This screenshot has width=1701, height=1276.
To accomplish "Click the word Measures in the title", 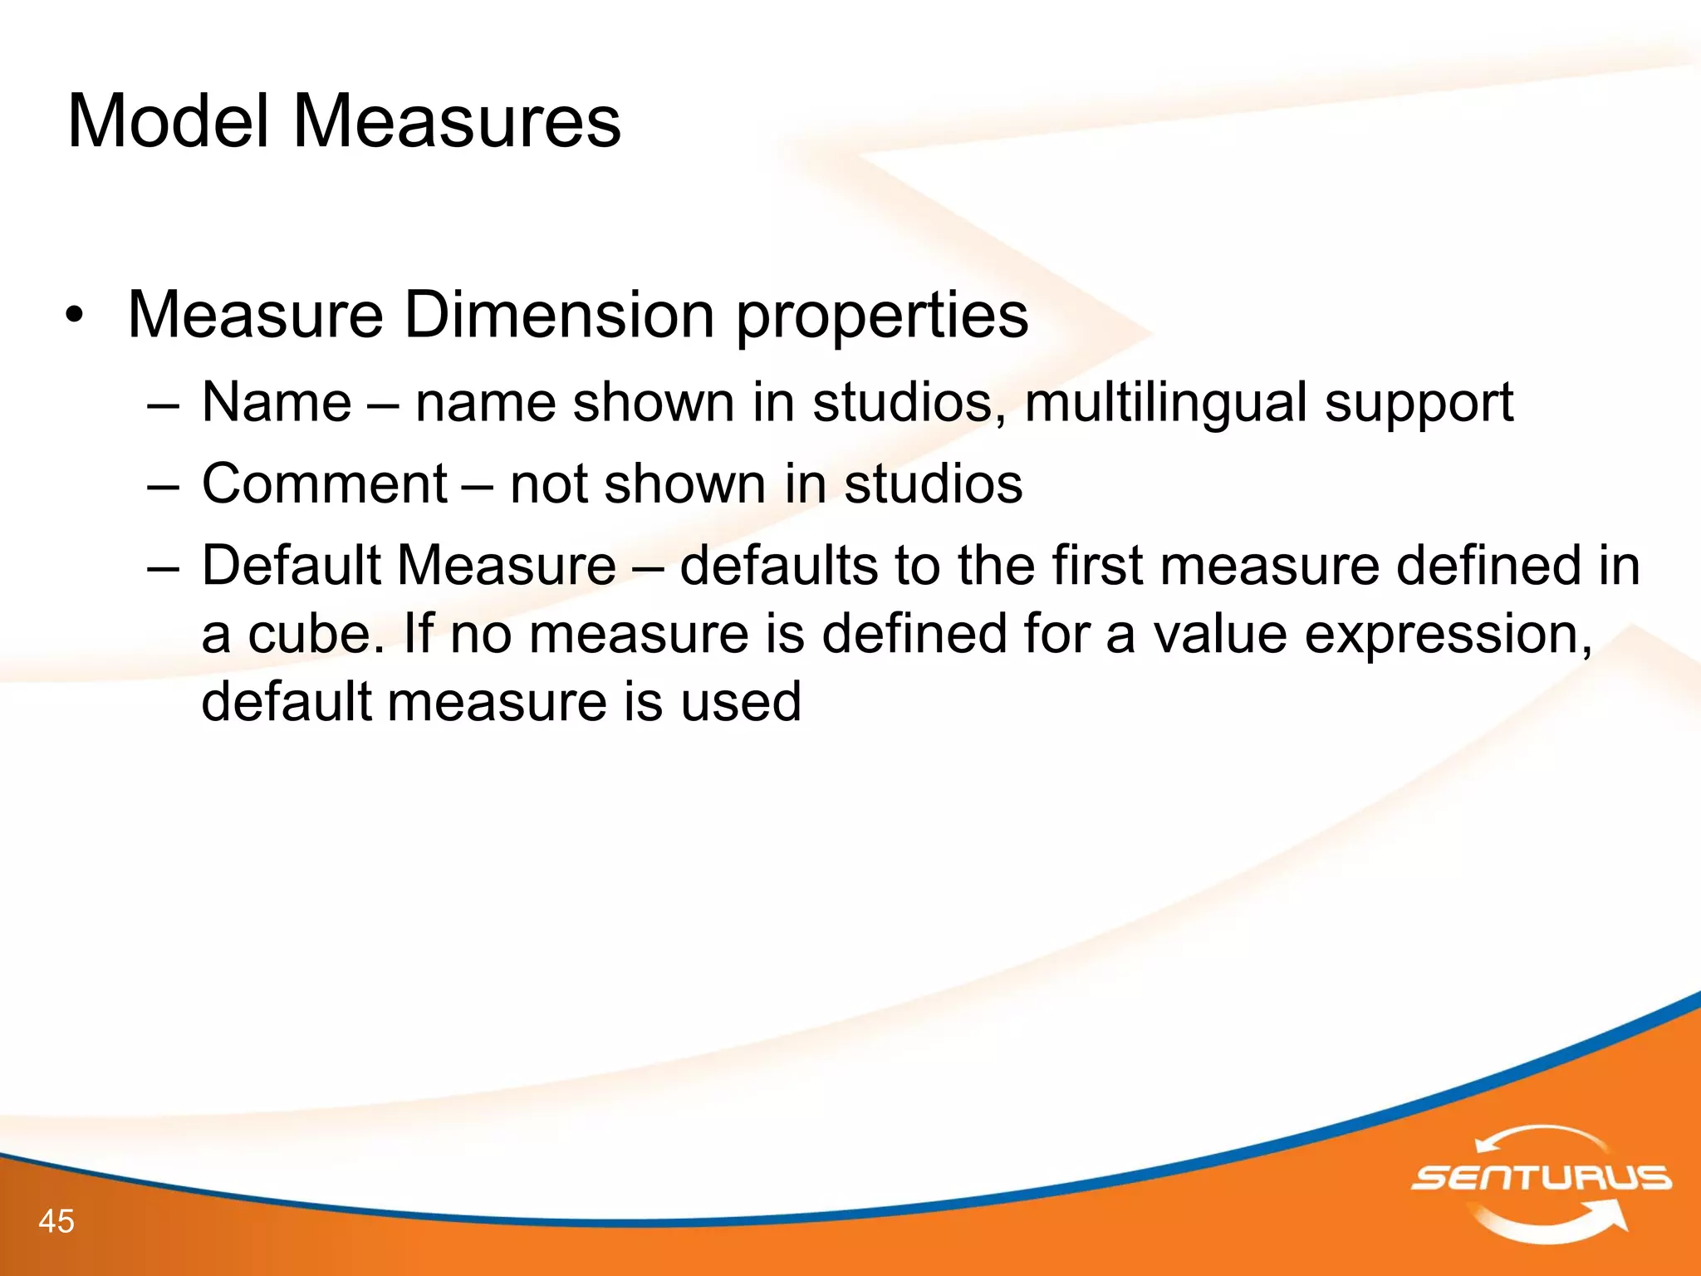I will (x=456, y=122).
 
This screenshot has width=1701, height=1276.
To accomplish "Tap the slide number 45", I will (x=56, y=1221).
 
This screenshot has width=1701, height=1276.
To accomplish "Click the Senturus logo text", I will (x=1541, y=1178).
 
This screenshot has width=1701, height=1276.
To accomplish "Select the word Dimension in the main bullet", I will (x=559, y=316).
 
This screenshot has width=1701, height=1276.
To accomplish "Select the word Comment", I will (x=325, y=483).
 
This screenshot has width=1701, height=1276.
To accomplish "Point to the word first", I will (x=1096, y=566).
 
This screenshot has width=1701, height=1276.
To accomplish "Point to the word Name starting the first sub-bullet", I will (x=277, y=403).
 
